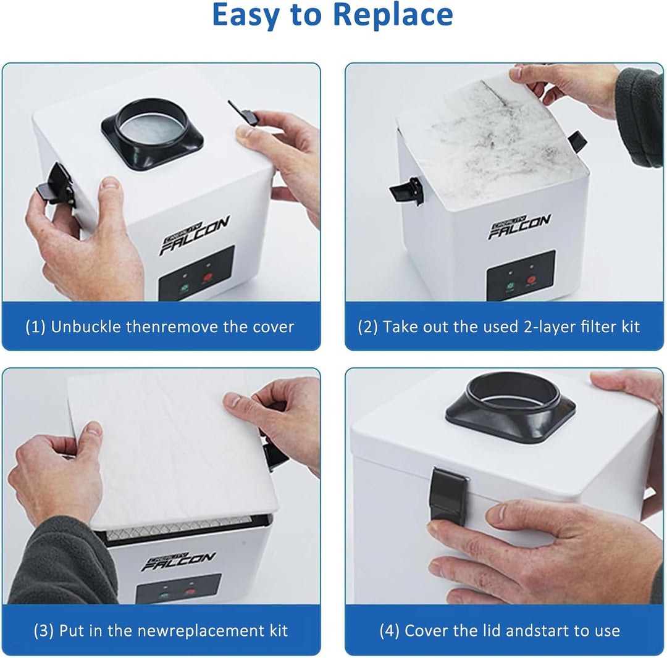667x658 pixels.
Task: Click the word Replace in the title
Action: tap(393, 15)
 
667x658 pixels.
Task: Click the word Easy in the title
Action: tap(246, 15)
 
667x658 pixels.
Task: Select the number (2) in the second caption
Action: tap(367, 327)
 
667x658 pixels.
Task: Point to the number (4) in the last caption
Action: tap(390, 630)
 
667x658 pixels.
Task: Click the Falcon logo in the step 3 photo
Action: tap(178, 561)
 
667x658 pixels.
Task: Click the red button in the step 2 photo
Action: tap(531, 280)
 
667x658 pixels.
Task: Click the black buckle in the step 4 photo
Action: tap(448, 495)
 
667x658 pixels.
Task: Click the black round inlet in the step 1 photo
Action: tap(152, 134)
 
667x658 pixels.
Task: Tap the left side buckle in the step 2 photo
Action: tap(407, 191)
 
